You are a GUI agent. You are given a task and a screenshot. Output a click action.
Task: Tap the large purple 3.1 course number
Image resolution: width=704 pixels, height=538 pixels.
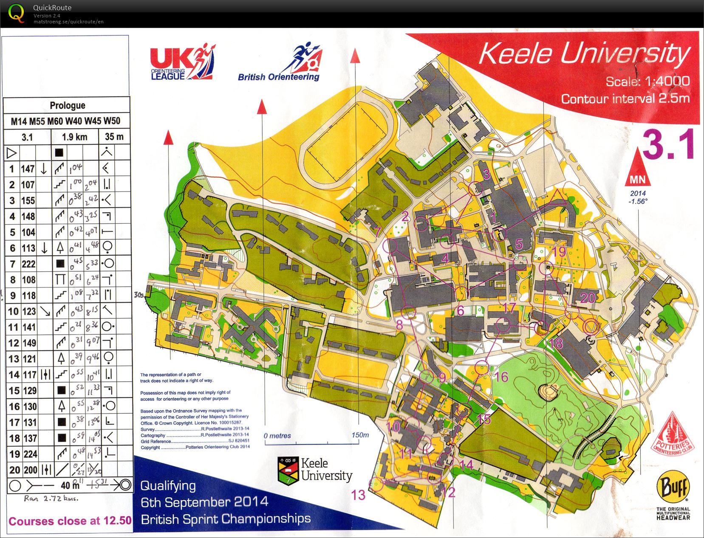pos(668,145)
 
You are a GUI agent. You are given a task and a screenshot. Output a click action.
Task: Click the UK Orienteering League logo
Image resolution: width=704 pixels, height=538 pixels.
pos(182,62)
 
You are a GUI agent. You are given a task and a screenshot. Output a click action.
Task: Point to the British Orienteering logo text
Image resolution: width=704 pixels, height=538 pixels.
pos(278,77)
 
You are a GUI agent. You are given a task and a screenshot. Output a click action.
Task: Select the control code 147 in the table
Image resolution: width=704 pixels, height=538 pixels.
pos(28,169)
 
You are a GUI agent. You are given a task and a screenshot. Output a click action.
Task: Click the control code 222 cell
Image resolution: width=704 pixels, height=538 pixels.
pos(28,264)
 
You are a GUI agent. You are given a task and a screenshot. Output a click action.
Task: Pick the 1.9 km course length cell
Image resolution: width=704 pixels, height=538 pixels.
pos(74,137)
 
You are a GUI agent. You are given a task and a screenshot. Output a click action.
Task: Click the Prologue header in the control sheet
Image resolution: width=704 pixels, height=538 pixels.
pos(67,105)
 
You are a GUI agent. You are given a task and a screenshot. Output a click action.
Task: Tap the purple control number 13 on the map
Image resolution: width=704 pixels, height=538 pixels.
pos(358,495)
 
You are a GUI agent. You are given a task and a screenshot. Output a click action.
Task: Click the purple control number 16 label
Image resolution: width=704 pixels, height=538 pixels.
pos(501,377)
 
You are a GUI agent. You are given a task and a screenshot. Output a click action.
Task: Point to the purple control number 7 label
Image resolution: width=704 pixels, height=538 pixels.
pos(377,232)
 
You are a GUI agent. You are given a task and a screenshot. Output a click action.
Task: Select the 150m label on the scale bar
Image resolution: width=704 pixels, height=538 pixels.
pos(360,435)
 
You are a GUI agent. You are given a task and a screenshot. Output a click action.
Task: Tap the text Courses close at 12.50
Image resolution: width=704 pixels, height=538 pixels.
pos(70,521)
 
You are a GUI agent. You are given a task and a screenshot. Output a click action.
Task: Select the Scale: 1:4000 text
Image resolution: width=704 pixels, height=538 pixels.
pos(647,81)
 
